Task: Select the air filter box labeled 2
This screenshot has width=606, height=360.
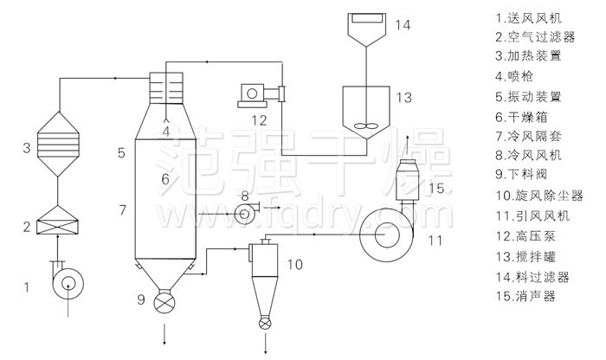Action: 57,228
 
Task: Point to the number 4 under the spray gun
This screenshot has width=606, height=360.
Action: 165,131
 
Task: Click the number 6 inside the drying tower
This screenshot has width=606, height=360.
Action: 164,179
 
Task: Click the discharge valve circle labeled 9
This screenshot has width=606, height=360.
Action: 164,304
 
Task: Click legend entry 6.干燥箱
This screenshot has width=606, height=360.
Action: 520,115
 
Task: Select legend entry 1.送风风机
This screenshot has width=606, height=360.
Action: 530,16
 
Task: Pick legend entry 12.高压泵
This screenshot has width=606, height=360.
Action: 525,235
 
